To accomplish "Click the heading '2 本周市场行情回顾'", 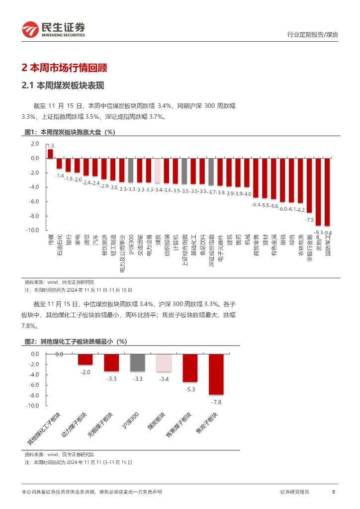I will [x=65, y=68].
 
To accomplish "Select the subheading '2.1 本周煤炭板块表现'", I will [x=63, y=85].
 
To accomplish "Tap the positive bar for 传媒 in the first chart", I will [x=50, y=154].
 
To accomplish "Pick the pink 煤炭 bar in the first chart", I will [x=157, y=170].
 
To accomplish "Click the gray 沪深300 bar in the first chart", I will [x=131, y=170].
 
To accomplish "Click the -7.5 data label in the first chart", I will [x=309, y=219].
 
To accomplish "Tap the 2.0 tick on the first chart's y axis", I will [x=35, y=144].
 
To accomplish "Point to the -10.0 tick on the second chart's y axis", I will [x=32, y=406].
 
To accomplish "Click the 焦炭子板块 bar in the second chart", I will [x=216, y=374].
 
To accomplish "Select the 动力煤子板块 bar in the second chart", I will [x=85, y=359].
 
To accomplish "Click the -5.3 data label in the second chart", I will [x=190, y=390].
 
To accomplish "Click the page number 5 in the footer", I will [x=333, y=492].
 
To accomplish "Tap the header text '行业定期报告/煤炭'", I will [x=313, y=34].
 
